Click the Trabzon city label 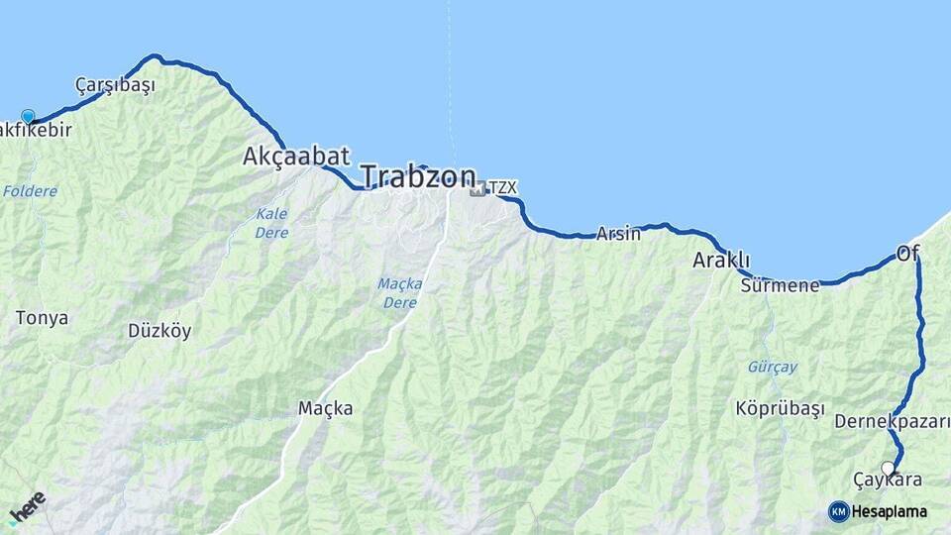(417, 177)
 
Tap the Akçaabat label (296, 156)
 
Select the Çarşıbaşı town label (115, 85)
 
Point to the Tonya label (43, 318)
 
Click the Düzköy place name (159, 331)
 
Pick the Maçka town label (325, 408)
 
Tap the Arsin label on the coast (618, 234)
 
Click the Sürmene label (780, 285)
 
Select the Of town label (907, 254)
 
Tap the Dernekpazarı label (893, 422)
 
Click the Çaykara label (888, 481)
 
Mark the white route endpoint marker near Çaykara (888, 468)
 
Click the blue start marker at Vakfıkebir (28, 117)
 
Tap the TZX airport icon (478, 187)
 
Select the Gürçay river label (772, 367)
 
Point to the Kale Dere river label (271, 223)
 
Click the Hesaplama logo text (889, 511)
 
